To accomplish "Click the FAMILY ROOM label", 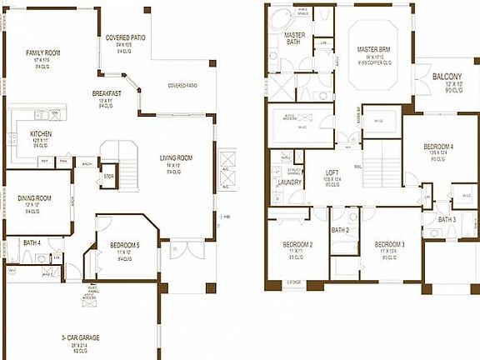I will [x=42, y=52].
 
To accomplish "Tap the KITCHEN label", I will [x=42, y=133].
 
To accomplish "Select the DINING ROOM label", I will [x=34, y=198].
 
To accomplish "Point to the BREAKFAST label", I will [x=107, y=93].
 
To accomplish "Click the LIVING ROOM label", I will [x=177, y=157].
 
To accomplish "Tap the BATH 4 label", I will [x=32, y=242].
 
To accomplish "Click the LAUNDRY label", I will [x=289, y=182].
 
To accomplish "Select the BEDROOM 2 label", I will [x=297, y=245].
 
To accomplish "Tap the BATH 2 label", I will [x=339, y=230].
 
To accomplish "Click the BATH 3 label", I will [x=447, y=219].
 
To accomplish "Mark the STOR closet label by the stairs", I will [x=108, y=177].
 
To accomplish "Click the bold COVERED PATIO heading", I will [x=125, y=37].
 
